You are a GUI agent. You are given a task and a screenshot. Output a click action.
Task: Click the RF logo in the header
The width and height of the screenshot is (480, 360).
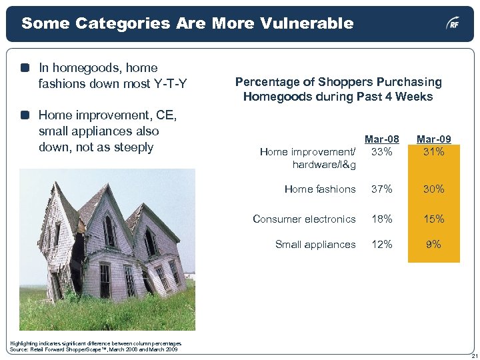pyautogui.click(x=453, y=24)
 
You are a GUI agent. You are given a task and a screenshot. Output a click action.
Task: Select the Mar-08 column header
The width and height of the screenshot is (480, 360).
pyautogui.click(x=382, y=139)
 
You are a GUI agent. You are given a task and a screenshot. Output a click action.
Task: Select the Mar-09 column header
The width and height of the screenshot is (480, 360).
pyautogui.click(x=433, y=139)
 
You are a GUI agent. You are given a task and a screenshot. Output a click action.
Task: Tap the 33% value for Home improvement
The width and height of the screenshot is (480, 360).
pyautogui.click(x=381, y=151)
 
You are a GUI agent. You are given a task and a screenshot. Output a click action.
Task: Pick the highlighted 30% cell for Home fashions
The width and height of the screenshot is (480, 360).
pyautogui.click(x=433, y=189)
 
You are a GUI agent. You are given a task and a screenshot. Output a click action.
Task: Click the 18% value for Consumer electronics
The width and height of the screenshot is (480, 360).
pyautogui.click(x=381, y=219)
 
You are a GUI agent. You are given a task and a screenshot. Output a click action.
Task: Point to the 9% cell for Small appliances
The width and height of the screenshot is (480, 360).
pyautogui.click(x=433, y=245)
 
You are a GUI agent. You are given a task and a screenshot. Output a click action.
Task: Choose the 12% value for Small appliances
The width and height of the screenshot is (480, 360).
pyautogui.click(x=381, y=245)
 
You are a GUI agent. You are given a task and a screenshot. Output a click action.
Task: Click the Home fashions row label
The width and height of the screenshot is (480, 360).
pyautogui.click(x=320, y=189)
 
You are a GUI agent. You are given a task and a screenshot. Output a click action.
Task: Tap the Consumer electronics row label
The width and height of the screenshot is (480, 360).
pyautogui.click(x=304, y=219)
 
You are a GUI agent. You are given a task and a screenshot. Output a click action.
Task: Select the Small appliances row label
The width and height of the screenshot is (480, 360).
pyautogui.click(x=315, y=245)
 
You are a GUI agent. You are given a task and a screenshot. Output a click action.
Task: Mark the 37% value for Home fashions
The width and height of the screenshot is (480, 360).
pyautogui.click(x=381, y=189)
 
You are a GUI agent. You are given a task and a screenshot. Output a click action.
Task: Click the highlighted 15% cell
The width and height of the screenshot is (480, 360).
pyautogui.click(x=433, y=219)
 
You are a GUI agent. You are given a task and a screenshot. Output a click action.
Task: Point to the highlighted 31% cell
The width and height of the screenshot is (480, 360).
pyautogui.click(x=433, y=151)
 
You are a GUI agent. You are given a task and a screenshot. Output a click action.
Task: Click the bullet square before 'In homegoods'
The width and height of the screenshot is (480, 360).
pyautogui.click(x=25, y=68)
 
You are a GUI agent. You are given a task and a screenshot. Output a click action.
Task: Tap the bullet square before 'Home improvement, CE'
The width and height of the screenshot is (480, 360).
pyautogui.click(x=25, y=115)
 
